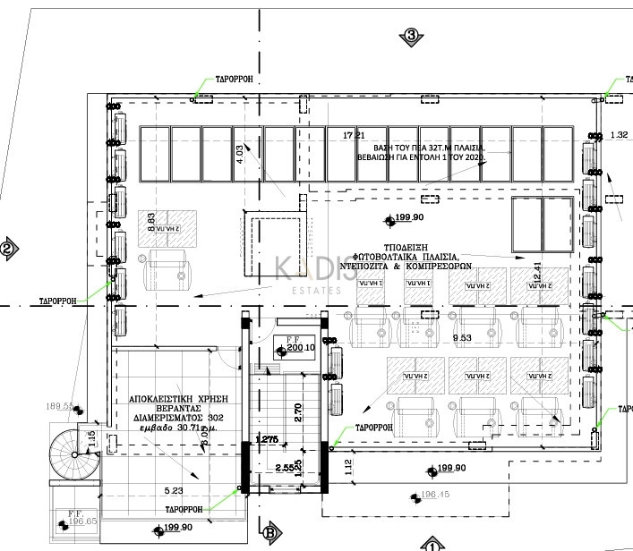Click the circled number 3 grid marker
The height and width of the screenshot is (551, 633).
[411, 36]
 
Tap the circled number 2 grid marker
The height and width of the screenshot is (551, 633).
[8, 250]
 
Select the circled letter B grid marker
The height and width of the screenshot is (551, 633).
[268, 534]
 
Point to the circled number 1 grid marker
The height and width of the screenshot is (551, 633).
[431, 544]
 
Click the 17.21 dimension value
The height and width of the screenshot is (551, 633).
[355, 135]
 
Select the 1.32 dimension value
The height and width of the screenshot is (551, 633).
[618, 135]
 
